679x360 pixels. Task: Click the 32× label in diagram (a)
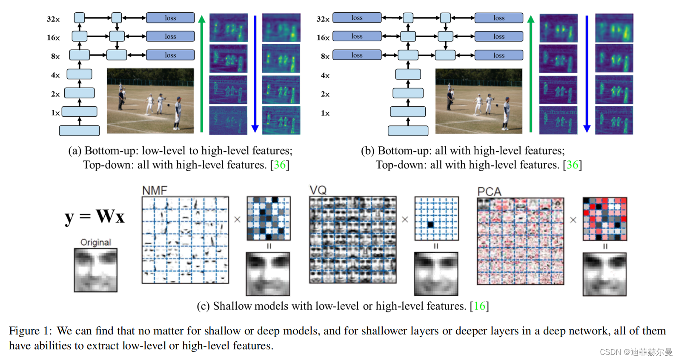[53, 19]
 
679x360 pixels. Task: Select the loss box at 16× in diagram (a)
[170, 37]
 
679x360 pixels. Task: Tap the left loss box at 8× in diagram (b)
[357, 55]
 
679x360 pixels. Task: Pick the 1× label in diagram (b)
[325, 113]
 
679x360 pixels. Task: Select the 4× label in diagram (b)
[325, 75]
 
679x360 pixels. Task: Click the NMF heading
[155, 190]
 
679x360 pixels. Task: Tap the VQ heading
[318, 190]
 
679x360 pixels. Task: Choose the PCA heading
[489, 191]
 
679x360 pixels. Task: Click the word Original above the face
[96, 242]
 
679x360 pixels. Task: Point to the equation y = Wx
[95, 217]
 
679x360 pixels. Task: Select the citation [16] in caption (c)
[479, 306]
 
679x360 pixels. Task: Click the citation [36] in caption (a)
[280, 165]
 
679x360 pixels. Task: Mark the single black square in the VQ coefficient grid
[430, 225]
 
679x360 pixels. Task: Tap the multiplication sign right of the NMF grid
[238, 220]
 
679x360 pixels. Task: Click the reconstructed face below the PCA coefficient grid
[605, 274]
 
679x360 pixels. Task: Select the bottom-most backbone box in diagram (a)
[79, 131]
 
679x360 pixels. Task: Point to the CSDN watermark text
[636, 352]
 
